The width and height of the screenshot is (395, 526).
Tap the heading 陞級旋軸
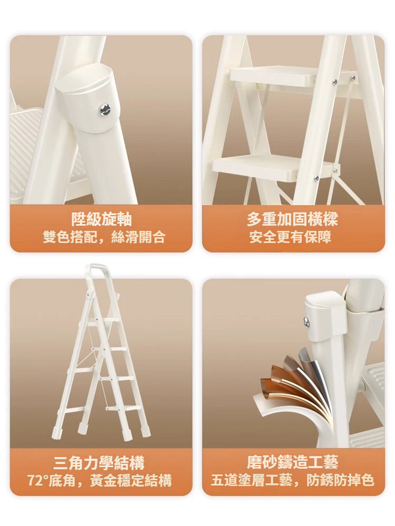tap(101, 220)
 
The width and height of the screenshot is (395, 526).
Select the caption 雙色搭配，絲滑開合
tap(104, 237)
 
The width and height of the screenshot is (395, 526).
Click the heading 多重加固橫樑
tap(292, 220)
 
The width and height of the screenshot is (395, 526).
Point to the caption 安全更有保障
tap(290, 237)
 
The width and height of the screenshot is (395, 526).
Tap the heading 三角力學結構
tap(99, 464)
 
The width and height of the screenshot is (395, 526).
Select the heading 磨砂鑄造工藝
tap(292, 462)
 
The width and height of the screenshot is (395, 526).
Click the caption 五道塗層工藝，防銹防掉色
tap(292, 480)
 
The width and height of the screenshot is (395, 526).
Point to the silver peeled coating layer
tap(316, 379)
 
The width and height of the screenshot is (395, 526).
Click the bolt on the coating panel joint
tap(307, 321)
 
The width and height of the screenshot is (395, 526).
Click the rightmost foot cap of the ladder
tap(145, 430)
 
